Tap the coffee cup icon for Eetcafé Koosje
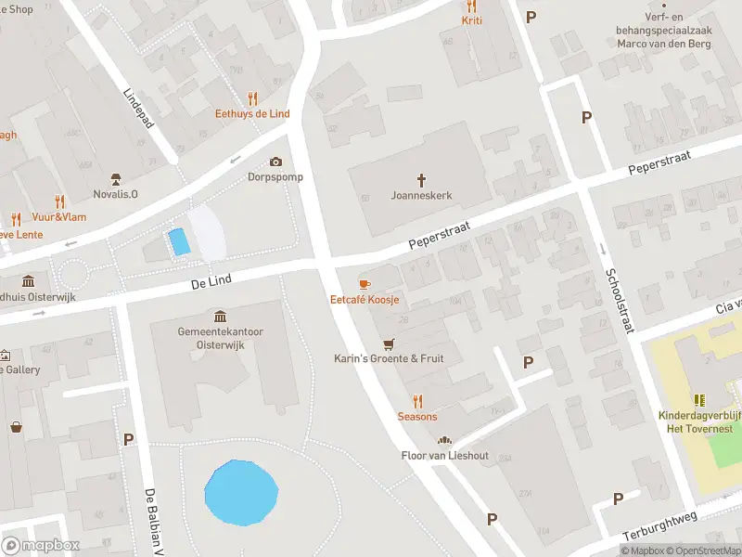tap(365, 283)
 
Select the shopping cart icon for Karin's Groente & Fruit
tap(389, 343)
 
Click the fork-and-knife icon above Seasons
tap(417, 400)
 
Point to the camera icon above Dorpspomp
tap(275, 162)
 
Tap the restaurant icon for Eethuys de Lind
tap(252, 98)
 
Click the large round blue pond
tap(241, 492)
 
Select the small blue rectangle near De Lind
tap(178, 242)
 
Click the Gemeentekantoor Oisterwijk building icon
tap(219, 317)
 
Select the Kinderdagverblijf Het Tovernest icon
tap(698, 400)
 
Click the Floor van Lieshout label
tap(444, 455)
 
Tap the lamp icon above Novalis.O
tap(116, 178)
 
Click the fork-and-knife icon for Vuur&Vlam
tap(60, 201)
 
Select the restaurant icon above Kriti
tap(471, 5)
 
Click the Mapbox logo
tap(41, 545)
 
